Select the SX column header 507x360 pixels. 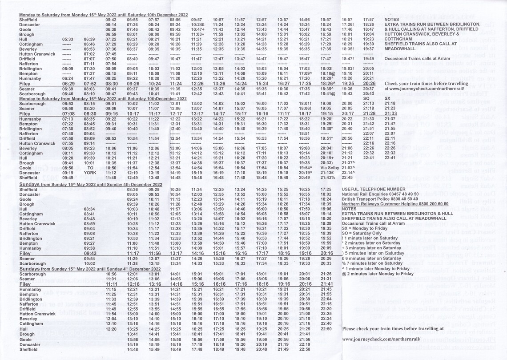387,98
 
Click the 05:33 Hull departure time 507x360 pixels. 68,39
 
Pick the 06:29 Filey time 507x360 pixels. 68,83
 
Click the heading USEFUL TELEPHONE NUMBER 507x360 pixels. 374,189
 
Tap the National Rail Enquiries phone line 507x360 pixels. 380,194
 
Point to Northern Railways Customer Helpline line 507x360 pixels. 391,204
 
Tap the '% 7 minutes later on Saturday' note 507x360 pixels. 372,263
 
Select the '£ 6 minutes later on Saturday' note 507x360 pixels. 372,258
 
